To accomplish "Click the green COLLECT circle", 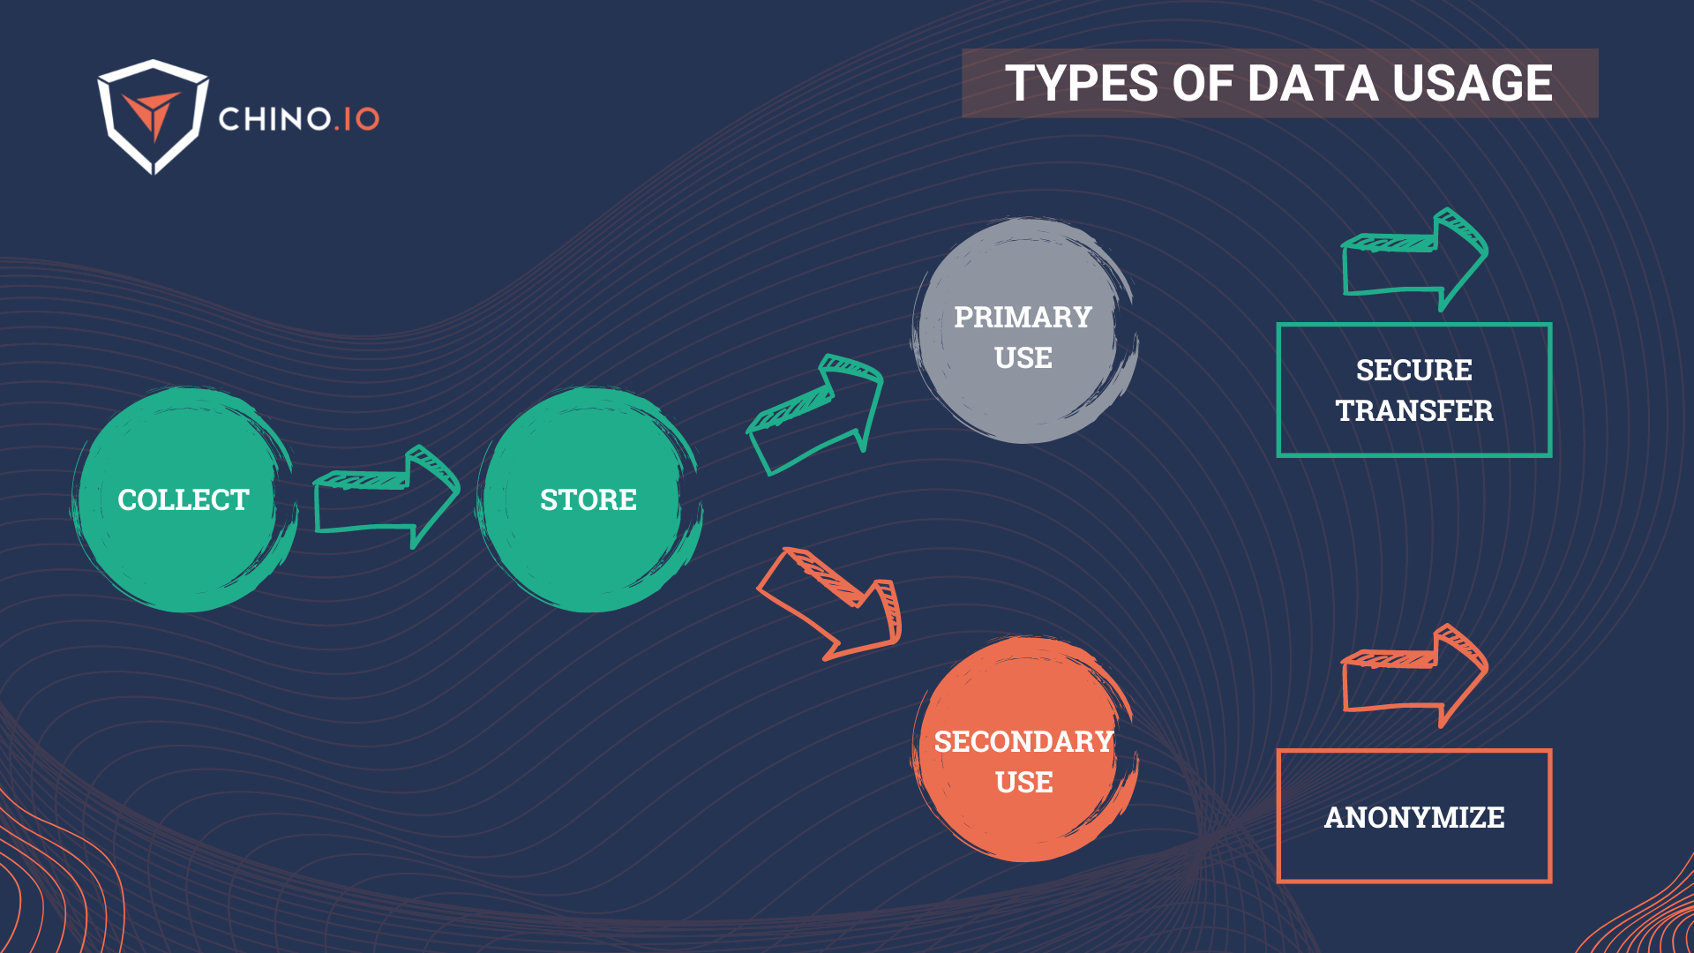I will pos(184,499).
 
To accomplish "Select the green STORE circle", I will pos(588,499).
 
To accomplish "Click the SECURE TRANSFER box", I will pos(1413,390).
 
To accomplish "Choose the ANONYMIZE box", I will pos(1413,816).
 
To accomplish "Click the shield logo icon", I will pos(153,116).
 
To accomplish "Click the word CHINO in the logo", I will pos(274,119).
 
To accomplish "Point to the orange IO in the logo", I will pos(361,119).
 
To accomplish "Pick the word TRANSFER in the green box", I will pos(1413,411).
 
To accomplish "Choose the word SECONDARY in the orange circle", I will pos(1023,742).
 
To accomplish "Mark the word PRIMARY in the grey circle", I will pos(1023,317).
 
